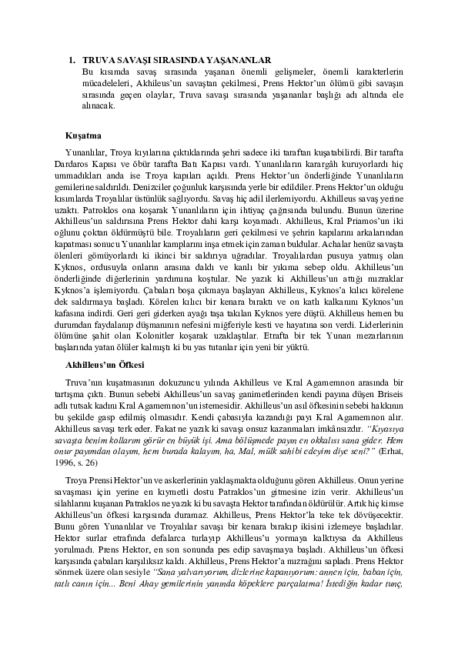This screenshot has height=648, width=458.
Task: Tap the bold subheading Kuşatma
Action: [82, 135]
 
